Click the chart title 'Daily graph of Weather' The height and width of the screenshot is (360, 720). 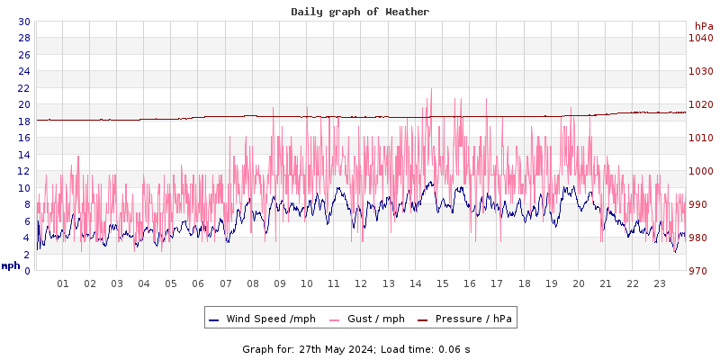[x=360, y=12]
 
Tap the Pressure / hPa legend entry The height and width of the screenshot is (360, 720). [x=473, y=319]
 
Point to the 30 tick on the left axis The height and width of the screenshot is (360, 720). [x=23, y=22]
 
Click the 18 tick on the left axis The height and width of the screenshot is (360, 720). [x=23, y=121]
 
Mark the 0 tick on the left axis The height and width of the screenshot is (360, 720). [x=27, y=270]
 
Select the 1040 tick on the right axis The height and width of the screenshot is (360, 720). [x=700, y=38]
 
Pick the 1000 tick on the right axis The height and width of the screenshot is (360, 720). [x=700, y=171]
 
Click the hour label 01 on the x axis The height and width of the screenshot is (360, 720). [x=63, y=283]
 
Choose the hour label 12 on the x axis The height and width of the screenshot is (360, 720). [x=361, y=283]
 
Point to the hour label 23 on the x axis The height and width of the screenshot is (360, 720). [x=659, y=283]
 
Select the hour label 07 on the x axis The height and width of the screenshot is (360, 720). [x=225, y=283]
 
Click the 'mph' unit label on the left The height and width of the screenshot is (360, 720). [x=11, y=265]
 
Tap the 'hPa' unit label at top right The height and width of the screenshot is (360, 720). [x=703, y=26]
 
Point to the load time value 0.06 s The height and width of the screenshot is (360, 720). [x=454, y=349]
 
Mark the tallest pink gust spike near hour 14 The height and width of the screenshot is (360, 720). [x=432, y=89]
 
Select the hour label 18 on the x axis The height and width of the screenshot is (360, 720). [x=524, y=283]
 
